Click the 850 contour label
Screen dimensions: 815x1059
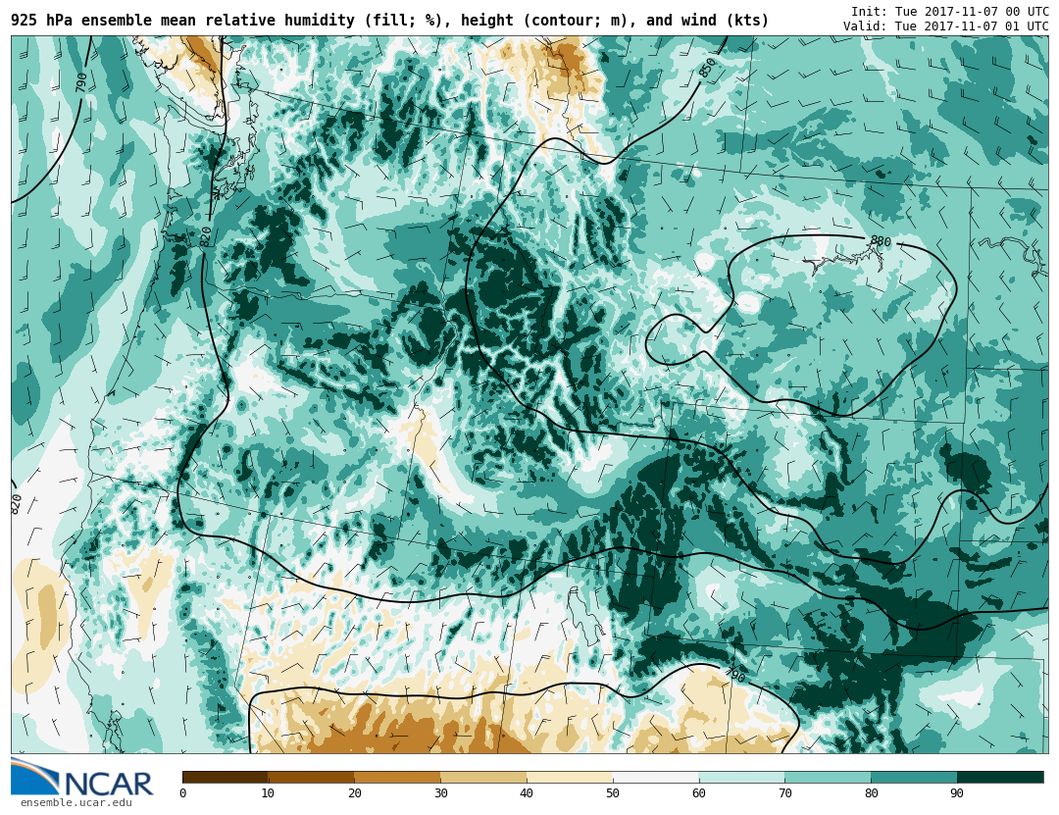(708, 68)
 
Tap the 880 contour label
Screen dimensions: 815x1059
(880, 241)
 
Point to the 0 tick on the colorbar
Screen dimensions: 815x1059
(182, 793)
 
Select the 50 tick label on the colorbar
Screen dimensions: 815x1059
(612, 793)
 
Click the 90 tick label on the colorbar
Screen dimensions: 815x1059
(956, 793)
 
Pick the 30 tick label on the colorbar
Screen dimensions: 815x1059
(440, 793)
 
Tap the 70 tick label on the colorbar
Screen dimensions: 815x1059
(784, 793)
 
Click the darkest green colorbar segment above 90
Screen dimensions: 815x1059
(1000, 777)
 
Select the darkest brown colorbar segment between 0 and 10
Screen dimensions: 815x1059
(225, 777)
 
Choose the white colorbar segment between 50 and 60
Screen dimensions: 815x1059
(655, 777)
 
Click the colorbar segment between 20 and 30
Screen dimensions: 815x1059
(397, 777)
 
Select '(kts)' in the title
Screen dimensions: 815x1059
(747, 21)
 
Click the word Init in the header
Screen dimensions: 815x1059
(868, 12)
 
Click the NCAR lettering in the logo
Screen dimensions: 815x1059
(109, 784)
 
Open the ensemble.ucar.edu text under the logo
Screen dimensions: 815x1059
(76, 803)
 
